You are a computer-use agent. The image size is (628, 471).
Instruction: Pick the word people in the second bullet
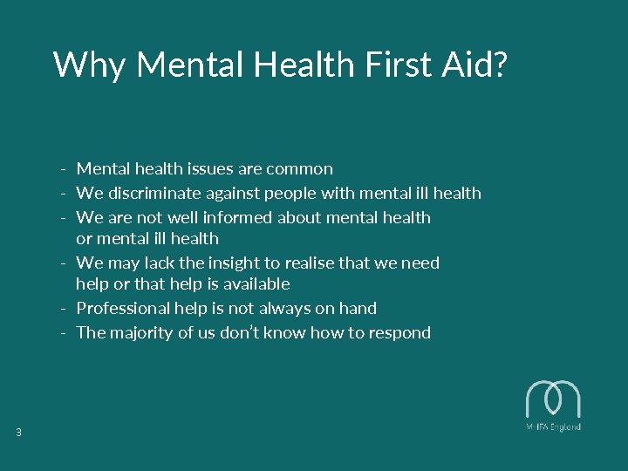click(x=284, y=193)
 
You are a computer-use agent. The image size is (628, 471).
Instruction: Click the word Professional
click(x=119, y=308)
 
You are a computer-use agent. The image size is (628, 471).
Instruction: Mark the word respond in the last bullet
click(x=399, y=332)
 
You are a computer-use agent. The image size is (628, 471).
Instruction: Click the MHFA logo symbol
click(x=553, y=399)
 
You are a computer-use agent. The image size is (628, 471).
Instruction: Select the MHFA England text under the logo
click(x=553, y=427)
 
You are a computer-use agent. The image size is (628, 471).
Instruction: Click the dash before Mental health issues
click(x=65, y=169)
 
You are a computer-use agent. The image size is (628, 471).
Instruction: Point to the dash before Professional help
click(x=65, y=309)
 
